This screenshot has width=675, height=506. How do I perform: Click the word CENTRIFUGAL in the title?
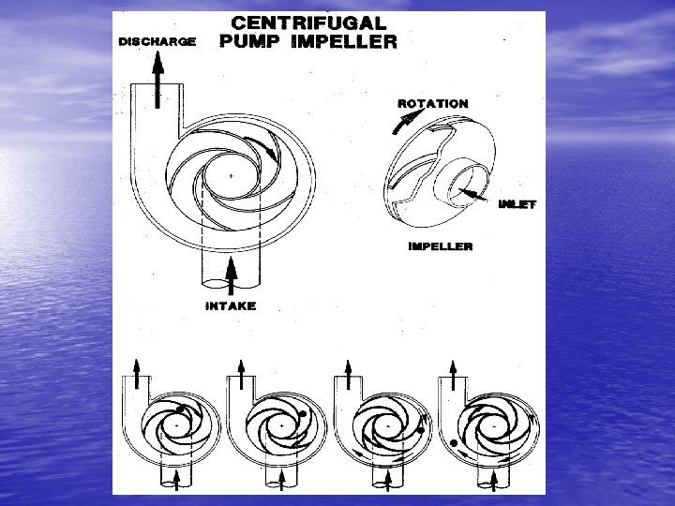[x=308, y=22]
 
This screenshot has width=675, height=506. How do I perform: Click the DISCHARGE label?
[x=157, y=41]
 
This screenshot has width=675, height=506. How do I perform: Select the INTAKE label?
[x=230, y=305]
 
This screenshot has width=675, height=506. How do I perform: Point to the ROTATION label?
[x=432, y=103]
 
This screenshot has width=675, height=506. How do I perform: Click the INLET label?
[x=517, y=203]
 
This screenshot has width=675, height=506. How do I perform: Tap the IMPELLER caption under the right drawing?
[x=440, y=246]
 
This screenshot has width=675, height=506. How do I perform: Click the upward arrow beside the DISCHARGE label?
[x=157, y=71]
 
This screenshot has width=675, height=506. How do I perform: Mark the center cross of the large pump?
[x=231, y=175]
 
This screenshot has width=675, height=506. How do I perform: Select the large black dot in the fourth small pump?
[x=452, y=441]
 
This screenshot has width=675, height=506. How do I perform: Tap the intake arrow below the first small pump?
[x=177, y=479]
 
